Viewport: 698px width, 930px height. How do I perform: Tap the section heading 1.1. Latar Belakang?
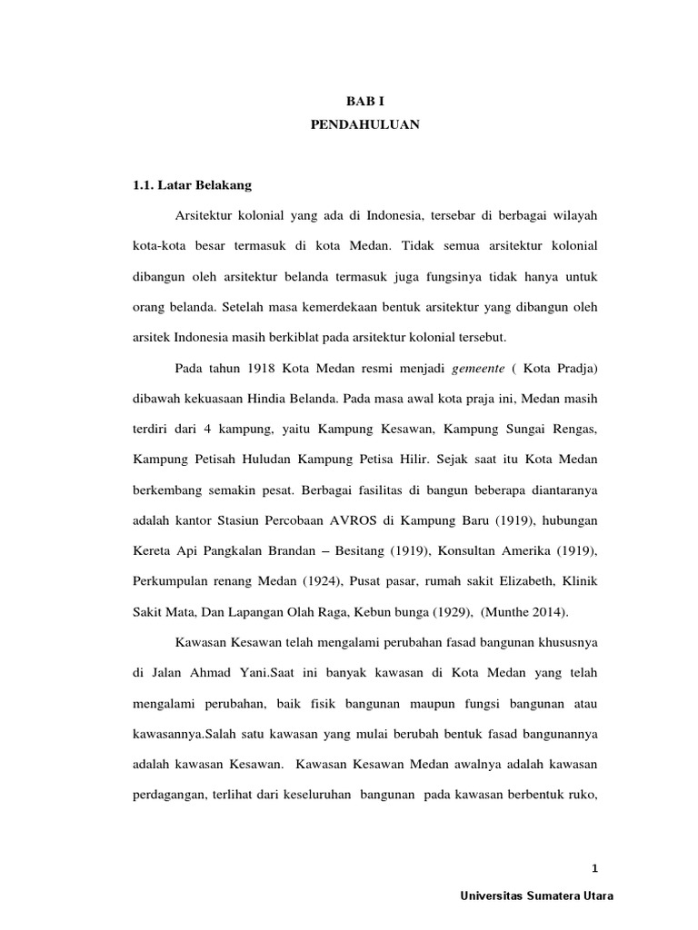(x=192, y=185)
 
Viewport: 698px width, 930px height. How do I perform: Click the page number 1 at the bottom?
(x=596, y=867)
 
